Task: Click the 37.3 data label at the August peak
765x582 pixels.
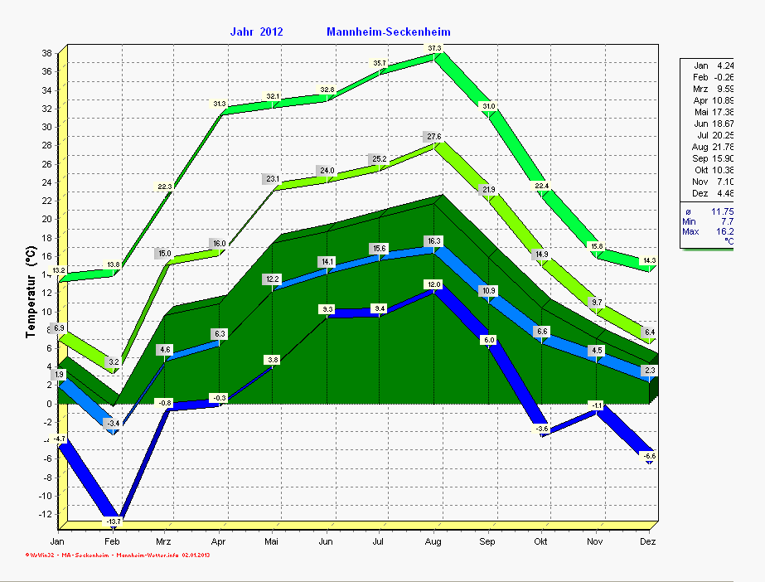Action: [x=434, y=48]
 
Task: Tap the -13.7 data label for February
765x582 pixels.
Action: [x=113, y=521]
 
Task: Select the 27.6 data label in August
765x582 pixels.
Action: [x=433, y=136]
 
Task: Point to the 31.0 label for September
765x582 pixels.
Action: [x=489, y=106]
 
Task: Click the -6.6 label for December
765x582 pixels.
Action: [x=649, y=456]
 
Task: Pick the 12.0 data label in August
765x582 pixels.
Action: [x=433, y=284]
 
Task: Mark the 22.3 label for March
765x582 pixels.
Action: [x=166, y=187]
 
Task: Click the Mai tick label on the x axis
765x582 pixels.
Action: [x=272, y=541]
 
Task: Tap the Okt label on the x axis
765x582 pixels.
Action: [x=541, y=541]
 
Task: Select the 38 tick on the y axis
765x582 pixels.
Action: [x=46, y=53]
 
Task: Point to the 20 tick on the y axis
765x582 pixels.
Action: [x=46, y=219]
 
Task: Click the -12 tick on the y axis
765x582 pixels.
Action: [x=45, y=514]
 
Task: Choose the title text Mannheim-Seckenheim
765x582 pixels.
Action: [x=389, y=32]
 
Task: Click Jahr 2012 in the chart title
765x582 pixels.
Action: [x=257, y=32]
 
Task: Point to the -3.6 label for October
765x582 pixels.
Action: [x=542, y=429]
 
